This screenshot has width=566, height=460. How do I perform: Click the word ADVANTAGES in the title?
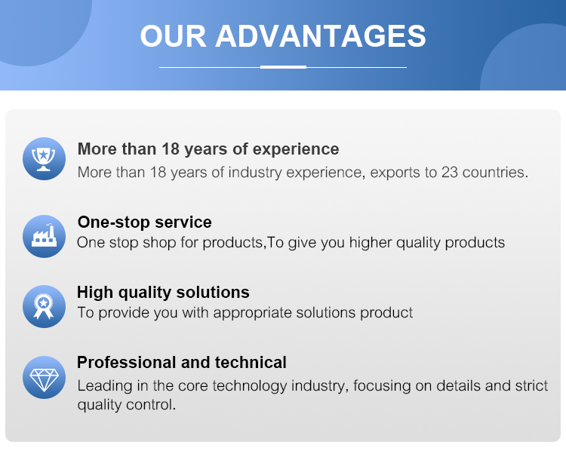321,36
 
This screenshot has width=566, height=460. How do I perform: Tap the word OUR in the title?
174,36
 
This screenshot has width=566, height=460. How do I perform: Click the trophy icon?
44,159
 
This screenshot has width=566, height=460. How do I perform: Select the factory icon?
44,236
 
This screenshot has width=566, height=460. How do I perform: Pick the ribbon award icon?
44,307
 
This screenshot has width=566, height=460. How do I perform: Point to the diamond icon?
44,377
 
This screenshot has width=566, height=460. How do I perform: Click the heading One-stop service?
145,222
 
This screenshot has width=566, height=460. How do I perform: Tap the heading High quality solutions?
163,293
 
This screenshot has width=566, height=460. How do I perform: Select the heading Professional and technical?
182,362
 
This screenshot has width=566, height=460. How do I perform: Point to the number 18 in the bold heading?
171,149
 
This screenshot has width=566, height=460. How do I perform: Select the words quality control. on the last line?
127,405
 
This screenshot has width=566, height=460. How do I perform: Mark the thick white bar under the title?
283,67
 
